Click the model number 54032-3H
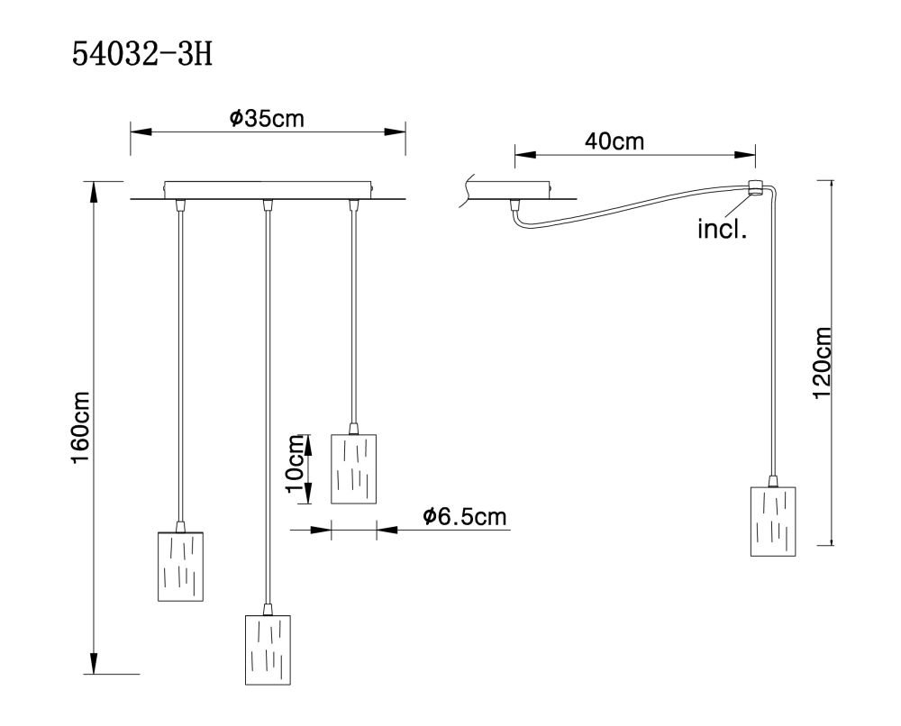(142, 56)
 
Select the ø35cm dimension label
(267, 118)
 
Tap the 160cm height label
(80, 427)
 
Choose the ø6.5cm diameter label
(465, 517)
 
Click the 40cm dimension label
(614, 141)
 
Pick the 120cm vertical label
(822, 362)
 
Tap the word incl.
(722, 229)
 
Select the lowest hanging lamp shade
(268, 649)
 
